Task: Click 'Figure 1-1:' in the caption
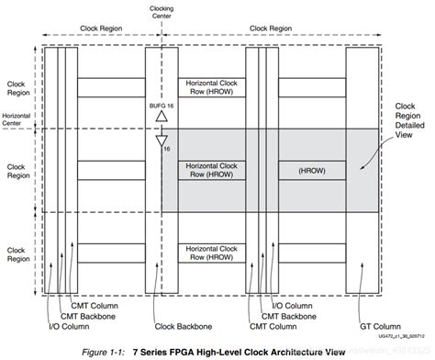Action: click(104, 350)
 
